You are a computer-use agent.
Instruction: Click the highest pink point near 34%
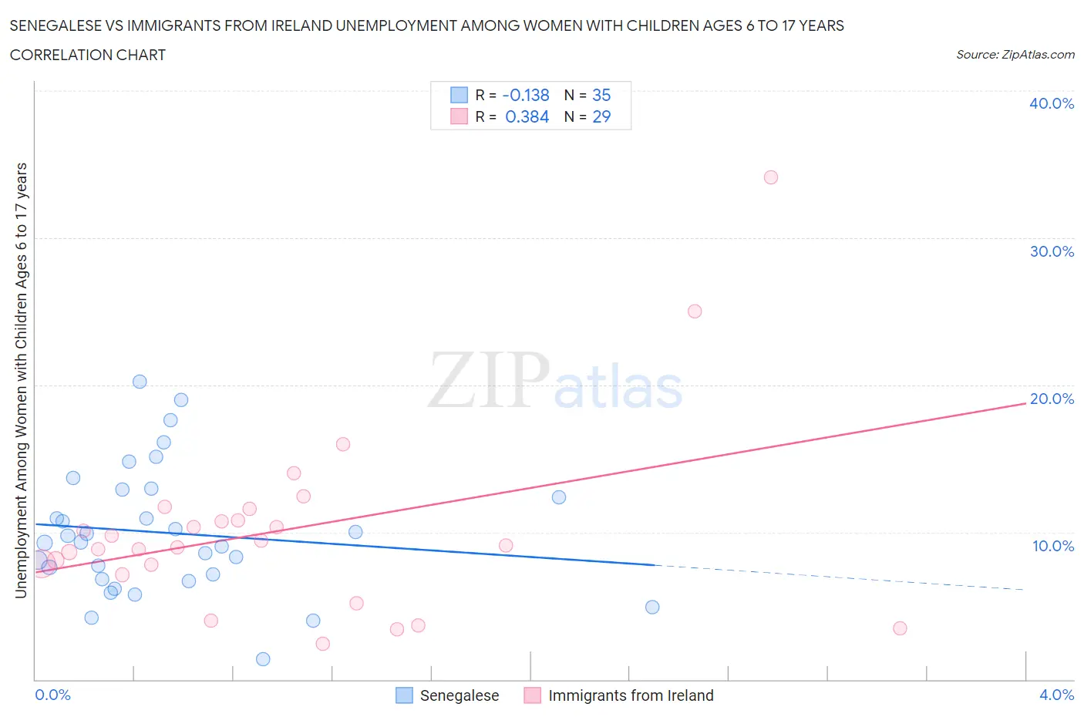770,177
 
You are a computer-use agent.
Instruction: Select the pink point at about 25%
694,311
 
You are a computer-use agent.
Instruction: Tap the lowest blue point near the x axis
263,659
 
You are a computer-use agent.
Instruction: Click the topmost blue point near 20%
140,382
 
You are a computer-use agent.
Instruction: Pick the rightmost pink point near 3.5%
900,628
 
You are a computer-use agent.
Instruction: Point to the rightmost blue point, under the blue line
652,607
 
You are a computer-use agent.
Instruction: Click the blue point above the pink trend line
559,497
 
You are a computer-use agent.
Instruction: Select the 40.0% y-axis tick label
1051,103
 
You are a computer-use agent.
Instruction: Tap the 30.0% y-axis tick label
1051,251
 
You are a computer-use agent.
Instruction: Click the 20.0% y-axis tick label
1051,399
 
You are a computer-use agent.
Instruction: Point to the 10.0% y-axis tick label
1052,546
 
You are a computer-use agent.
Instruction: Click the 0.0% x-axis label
52,695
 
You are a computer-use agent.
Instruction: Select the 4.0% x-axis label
1056,695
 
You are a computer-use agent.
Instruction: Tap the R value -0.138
526,95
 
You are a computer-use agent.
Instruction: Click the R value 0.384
527,116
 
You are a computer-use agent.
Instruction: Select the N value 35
601,95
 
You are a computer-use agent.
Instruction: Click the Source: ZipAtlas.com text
1015,55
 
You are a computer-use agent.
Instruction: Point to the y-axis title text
21,381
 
